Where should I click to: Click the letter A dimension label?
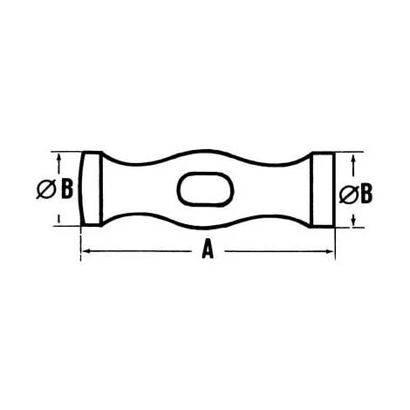[208, 249]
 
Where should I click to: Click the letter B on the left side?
[66, 188]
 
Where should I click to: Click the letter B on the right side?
[366, 193]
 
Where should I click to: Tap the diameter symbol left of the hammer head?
[46, 189]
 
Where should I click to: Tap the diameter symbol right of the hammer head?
[349, 194]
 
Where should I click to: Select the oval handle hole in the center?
[206, 189]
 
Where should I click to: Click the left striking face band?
[91, 188]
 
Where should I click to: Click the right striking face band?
[323, 189]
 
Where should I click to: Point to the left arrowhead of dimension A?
[85, 250]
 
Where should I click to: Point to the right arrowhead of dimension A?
[330, 251]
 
